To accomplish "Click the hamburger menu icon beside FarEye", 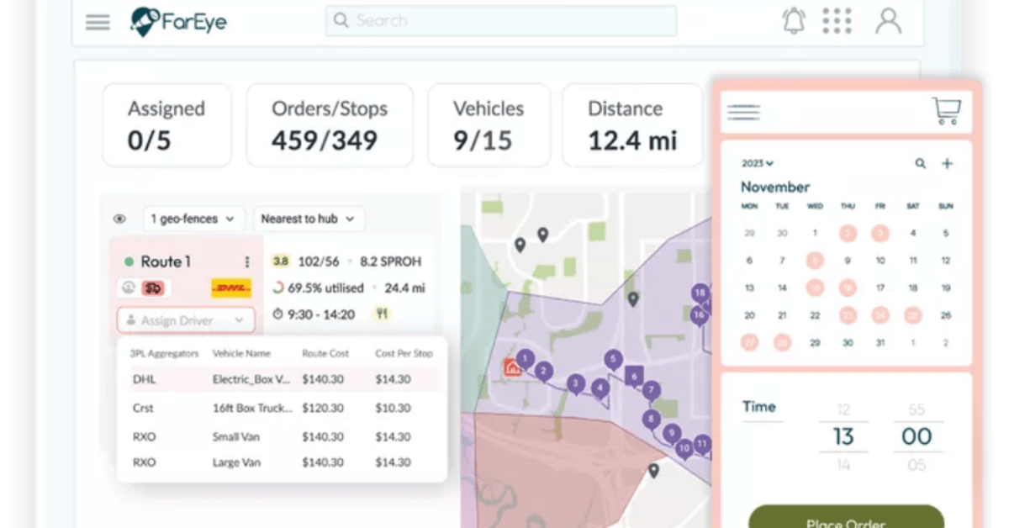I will coord(98,23).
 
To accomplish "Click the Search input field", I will coord(501,21).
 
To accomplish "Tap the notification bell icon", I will coord(794,21).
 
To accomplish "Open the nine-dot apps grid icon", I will coord(837,21).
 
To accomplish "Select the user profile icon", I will coord(888,21).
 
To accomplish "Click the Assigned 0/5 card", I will coord(166,124).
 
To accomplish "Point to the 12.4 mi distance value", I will coord(632,140).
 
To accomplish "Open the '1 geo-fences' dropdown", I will coord(194,219).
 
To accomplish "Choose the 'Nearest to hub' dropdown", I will coord(309,219).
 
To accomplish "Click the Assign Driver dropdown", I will coord(185,320).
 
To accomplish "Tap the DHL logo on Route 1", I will coord(230,288).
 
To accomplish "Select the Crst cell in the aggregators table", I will coord(143,408).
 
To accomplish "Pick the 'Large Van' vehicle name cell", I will coord(236,462).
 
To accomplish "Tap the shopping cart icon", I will coord(946,111).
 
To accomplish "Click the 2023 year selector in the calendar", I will coord(758,164).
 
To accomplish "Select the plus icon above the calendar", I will coord(947,164).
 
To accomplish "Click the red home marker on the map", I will coord(510,367).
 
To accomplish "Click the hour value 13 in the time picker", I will coord(843,436).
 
